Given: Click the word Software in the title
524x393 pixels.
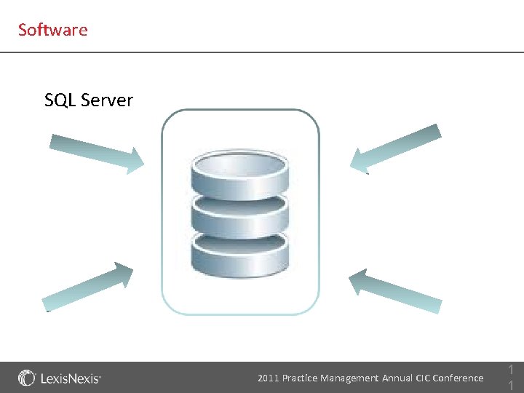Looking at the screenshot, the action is coord(52,30).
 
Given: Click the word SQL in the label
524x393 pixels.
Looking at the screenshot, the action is coord(60,100).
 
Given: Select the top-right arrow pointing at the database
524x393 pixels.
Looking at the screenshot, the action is coord(397,149).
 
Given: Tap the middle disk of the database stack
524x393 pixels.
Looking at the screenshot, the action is coord(239,212).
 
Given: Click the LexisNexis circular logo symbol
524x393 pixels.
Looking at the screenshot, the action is coord(27,378).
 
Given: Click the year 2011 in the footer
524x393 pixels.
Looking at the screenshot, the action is coord(268,378).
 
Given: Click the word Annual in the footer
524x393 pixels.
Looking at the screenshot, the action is coord(398,378).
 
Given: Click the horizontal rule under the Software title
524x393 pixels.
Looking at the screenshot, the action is coord(262,52).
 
